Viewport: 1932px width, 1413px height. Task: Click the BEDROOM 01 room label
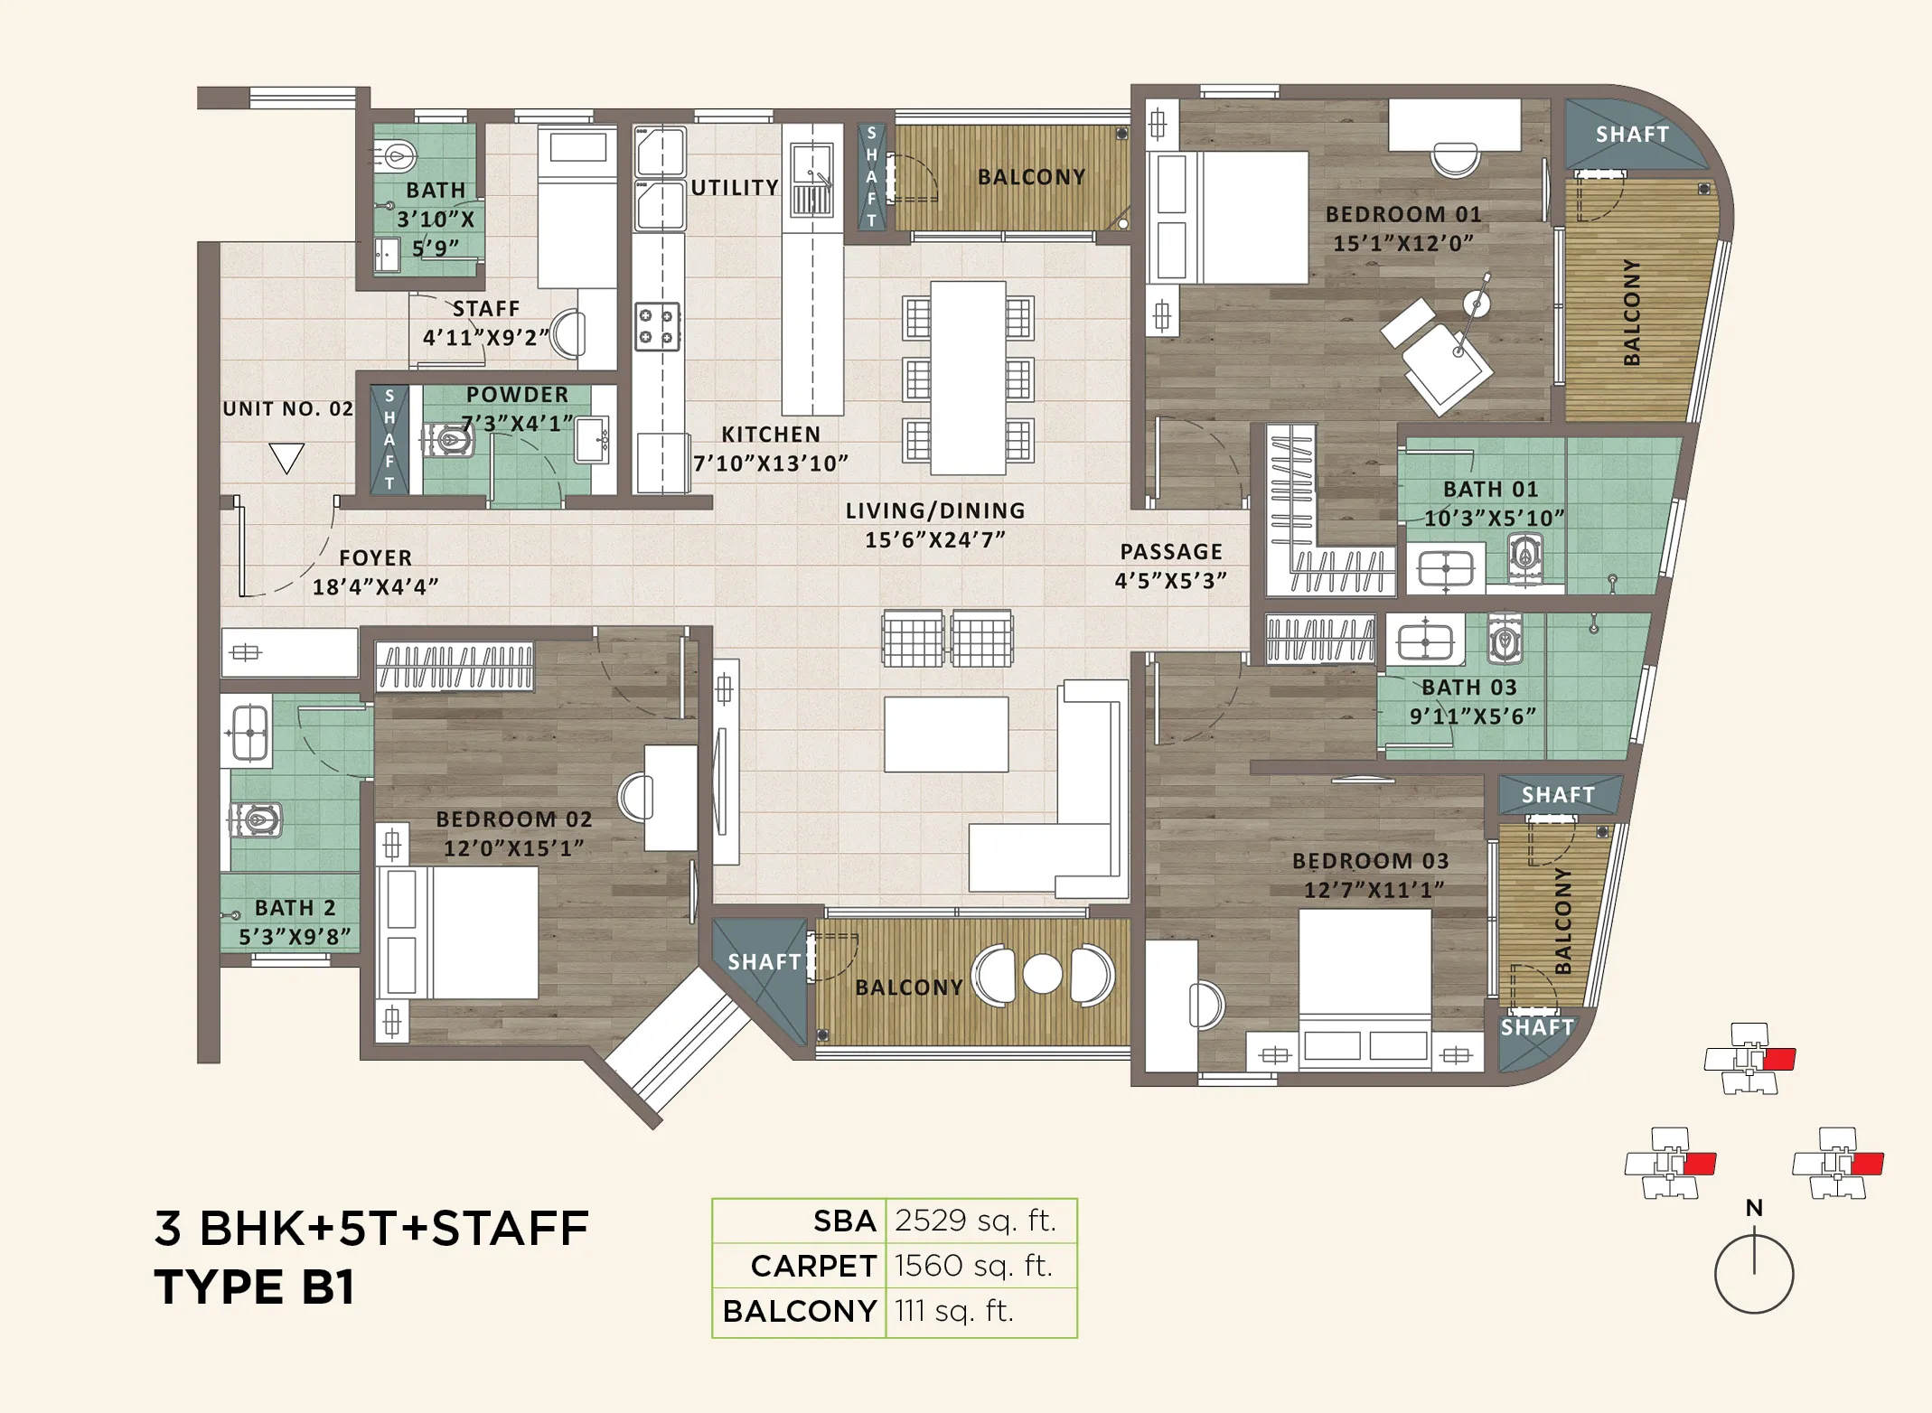(x=1402, y=214)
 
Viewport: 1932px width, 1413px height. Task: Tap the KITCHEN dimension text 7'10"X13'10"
(x=771, y=463)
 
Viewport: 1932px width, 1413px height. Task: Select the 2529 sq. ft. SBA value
(x=975, y=1221)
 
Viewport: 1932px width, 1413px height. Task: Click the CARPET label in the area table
(x=813, y=1266)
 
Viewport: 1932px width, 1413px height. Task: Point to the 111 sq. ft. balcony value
(x=954, y=1310)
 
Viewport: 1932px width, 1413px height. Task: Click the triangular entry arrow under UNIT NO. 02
(x=286, y=457)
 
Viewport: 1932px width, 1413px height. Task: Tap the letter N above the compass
(x=1754, y=1208)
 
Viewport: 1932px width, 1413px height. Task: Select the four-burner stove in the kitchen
(x=657, y=326)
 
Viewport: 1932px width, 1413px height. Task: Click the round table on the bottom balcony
(x=1042, y=975)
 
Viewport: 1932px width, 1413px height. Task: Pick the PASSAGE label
(x=1171, y=551)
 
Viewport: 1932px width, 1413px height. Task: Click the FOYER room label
(x=375, y=558)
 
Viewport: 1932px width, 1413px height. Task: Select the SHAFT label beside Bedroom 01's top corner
(x=1632, y=135)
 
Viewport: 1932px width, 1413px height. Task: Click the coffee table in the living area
(x=945, y=734)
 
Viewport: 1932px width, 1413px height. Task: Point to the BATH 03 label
(x=1469, y=688)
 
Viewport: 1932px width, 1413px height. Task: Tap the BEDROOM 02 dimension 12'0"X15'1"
(x=513, y=848)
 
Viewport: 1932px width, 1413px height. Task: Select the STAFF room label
(x=486, y=309)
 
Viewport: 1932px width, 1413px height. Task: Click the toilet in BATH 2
(x=258, y=820)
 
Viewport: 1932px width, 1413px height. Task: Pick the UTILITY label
(x=735, y=188)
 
